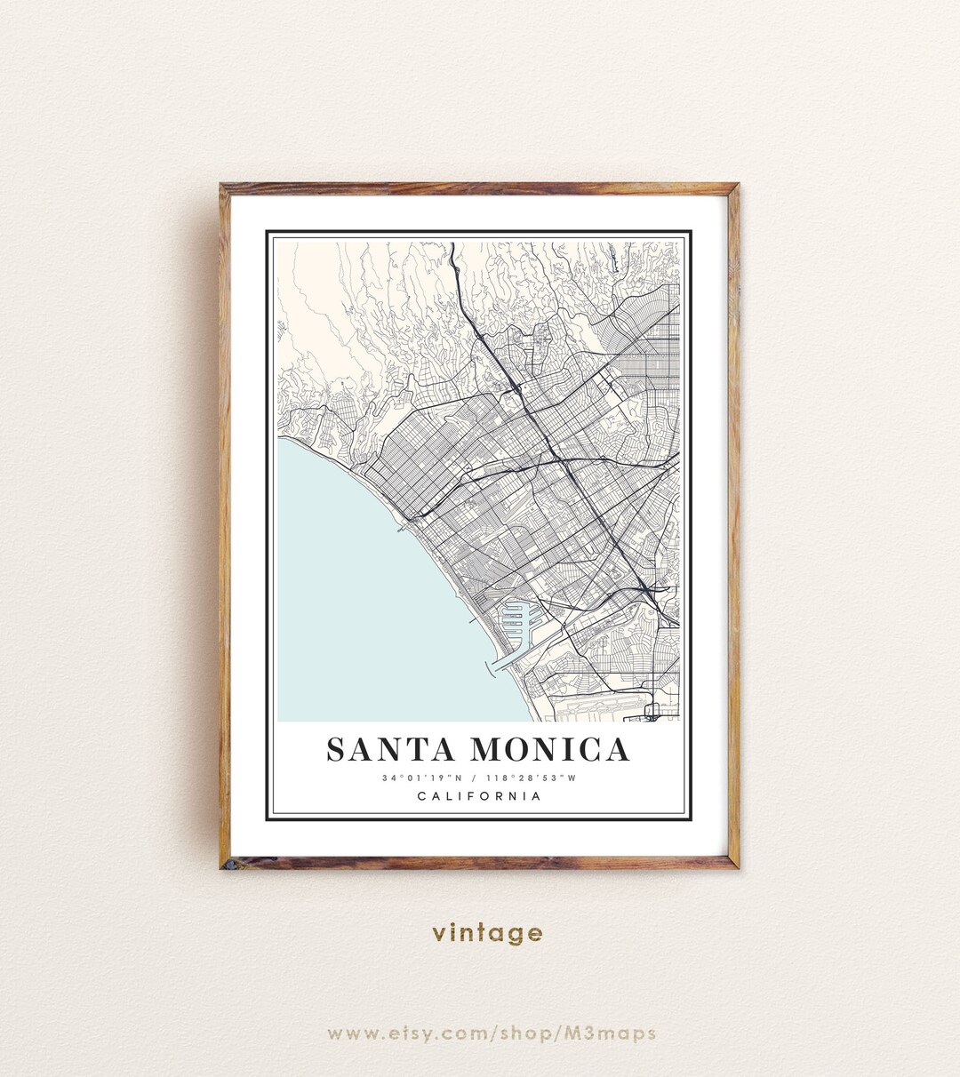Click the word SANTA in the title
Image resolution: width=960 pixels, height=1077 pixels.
point(392,750)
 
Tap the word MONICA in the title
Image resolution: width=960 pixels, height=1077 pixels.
point(549,750)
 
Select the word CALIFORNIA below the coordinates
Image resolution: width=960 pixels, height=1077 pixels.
point(479,796)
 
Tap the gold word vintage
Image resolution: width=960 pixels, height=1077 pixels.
point(487,933)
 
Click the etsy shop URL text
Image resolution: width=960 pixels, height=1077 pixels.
point(492,1033)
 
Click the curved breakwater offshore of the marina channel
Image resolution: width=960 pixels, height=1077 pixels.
point(486,671)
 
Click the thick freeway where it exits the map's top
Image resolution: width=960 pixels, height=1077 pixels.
point(452,249)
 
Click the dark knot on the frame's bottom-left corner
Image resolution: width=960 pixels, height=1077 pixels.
point(228,862)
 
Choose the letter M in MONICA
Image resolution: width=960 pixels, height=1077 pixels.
point(487,750)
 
